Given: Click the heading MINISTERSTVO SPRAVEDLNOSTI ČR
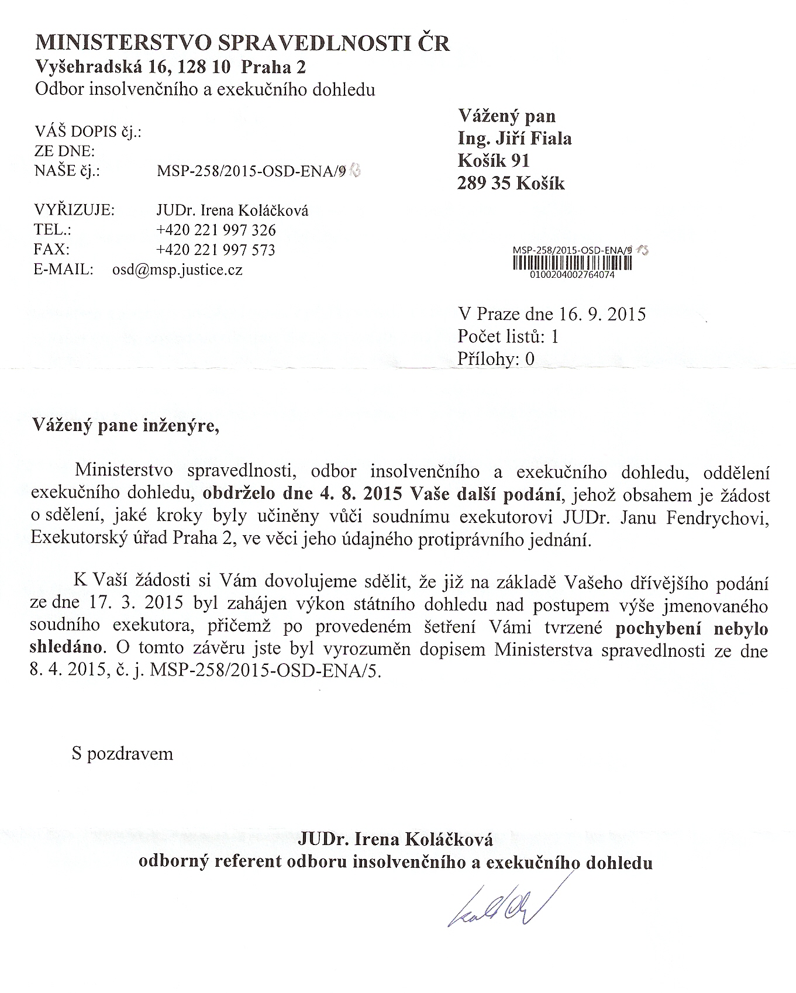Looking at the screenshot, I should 243,44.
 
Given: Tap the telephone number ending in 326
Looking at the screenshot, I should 216,230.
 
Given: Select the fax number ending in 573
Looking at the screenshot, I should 216,250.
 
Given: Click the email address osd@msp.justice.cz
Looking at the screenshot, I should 177,270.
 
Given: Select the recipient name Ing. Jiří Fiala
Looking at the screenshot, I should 515,139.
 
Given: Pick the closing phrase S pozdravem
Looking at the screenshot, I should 122,753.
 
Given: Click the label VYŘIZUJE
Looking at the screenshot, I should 75,211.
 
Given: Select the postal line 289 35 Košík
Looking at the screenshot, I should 511,184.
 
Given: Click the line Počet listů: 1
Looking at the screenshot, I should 508,336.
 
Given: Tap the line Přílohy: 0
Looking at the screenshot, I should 496,358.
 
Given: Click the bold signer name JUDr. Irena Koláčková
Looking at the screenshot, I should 395,840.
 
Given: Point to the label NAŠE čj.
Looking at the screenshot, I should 67,171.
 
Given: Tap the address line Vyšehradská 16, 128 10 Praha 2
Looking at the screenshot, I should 171,67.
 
